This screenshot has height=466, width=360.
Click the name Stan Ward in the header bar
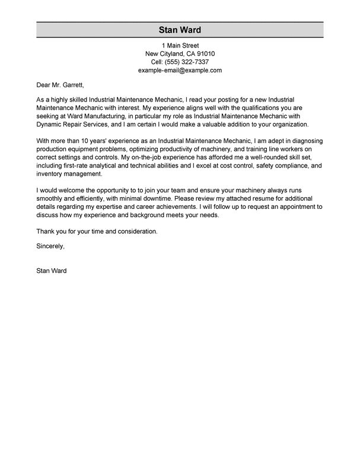[180, 30]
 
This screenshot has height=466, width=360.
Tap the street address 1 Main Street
[180, 45]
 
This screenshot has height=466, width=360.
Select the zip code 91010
[203, 53]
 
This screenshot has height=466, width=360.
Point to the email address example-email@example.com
[180, 70]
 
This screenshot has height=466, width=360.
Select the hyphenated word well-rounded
[265, 158]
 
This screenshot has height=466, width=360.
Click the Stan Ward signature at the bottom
[52, 272]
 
